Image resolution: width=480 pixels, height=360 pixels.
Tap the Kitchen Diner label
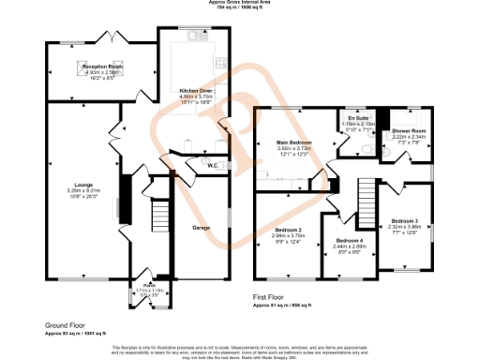(196, 91)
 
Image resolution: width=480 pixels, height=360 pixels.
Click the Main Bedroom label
(293, 142)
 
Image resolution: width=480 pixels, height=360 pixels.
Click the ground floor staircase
(156, 218)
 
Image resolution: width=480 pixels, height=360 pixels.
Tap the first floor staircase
(364, 197)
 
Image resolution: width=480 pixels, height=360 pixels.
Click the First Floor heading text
(272, 296)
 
